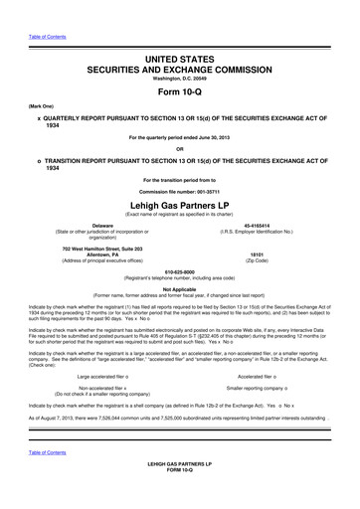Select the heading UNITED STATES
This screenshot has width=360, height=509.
click(x=180, y=62)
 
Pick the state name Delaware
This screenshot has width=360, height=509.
click(x=95, y=227)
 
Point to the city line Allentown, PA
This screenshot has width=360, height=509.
click(x=95, y=254)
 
